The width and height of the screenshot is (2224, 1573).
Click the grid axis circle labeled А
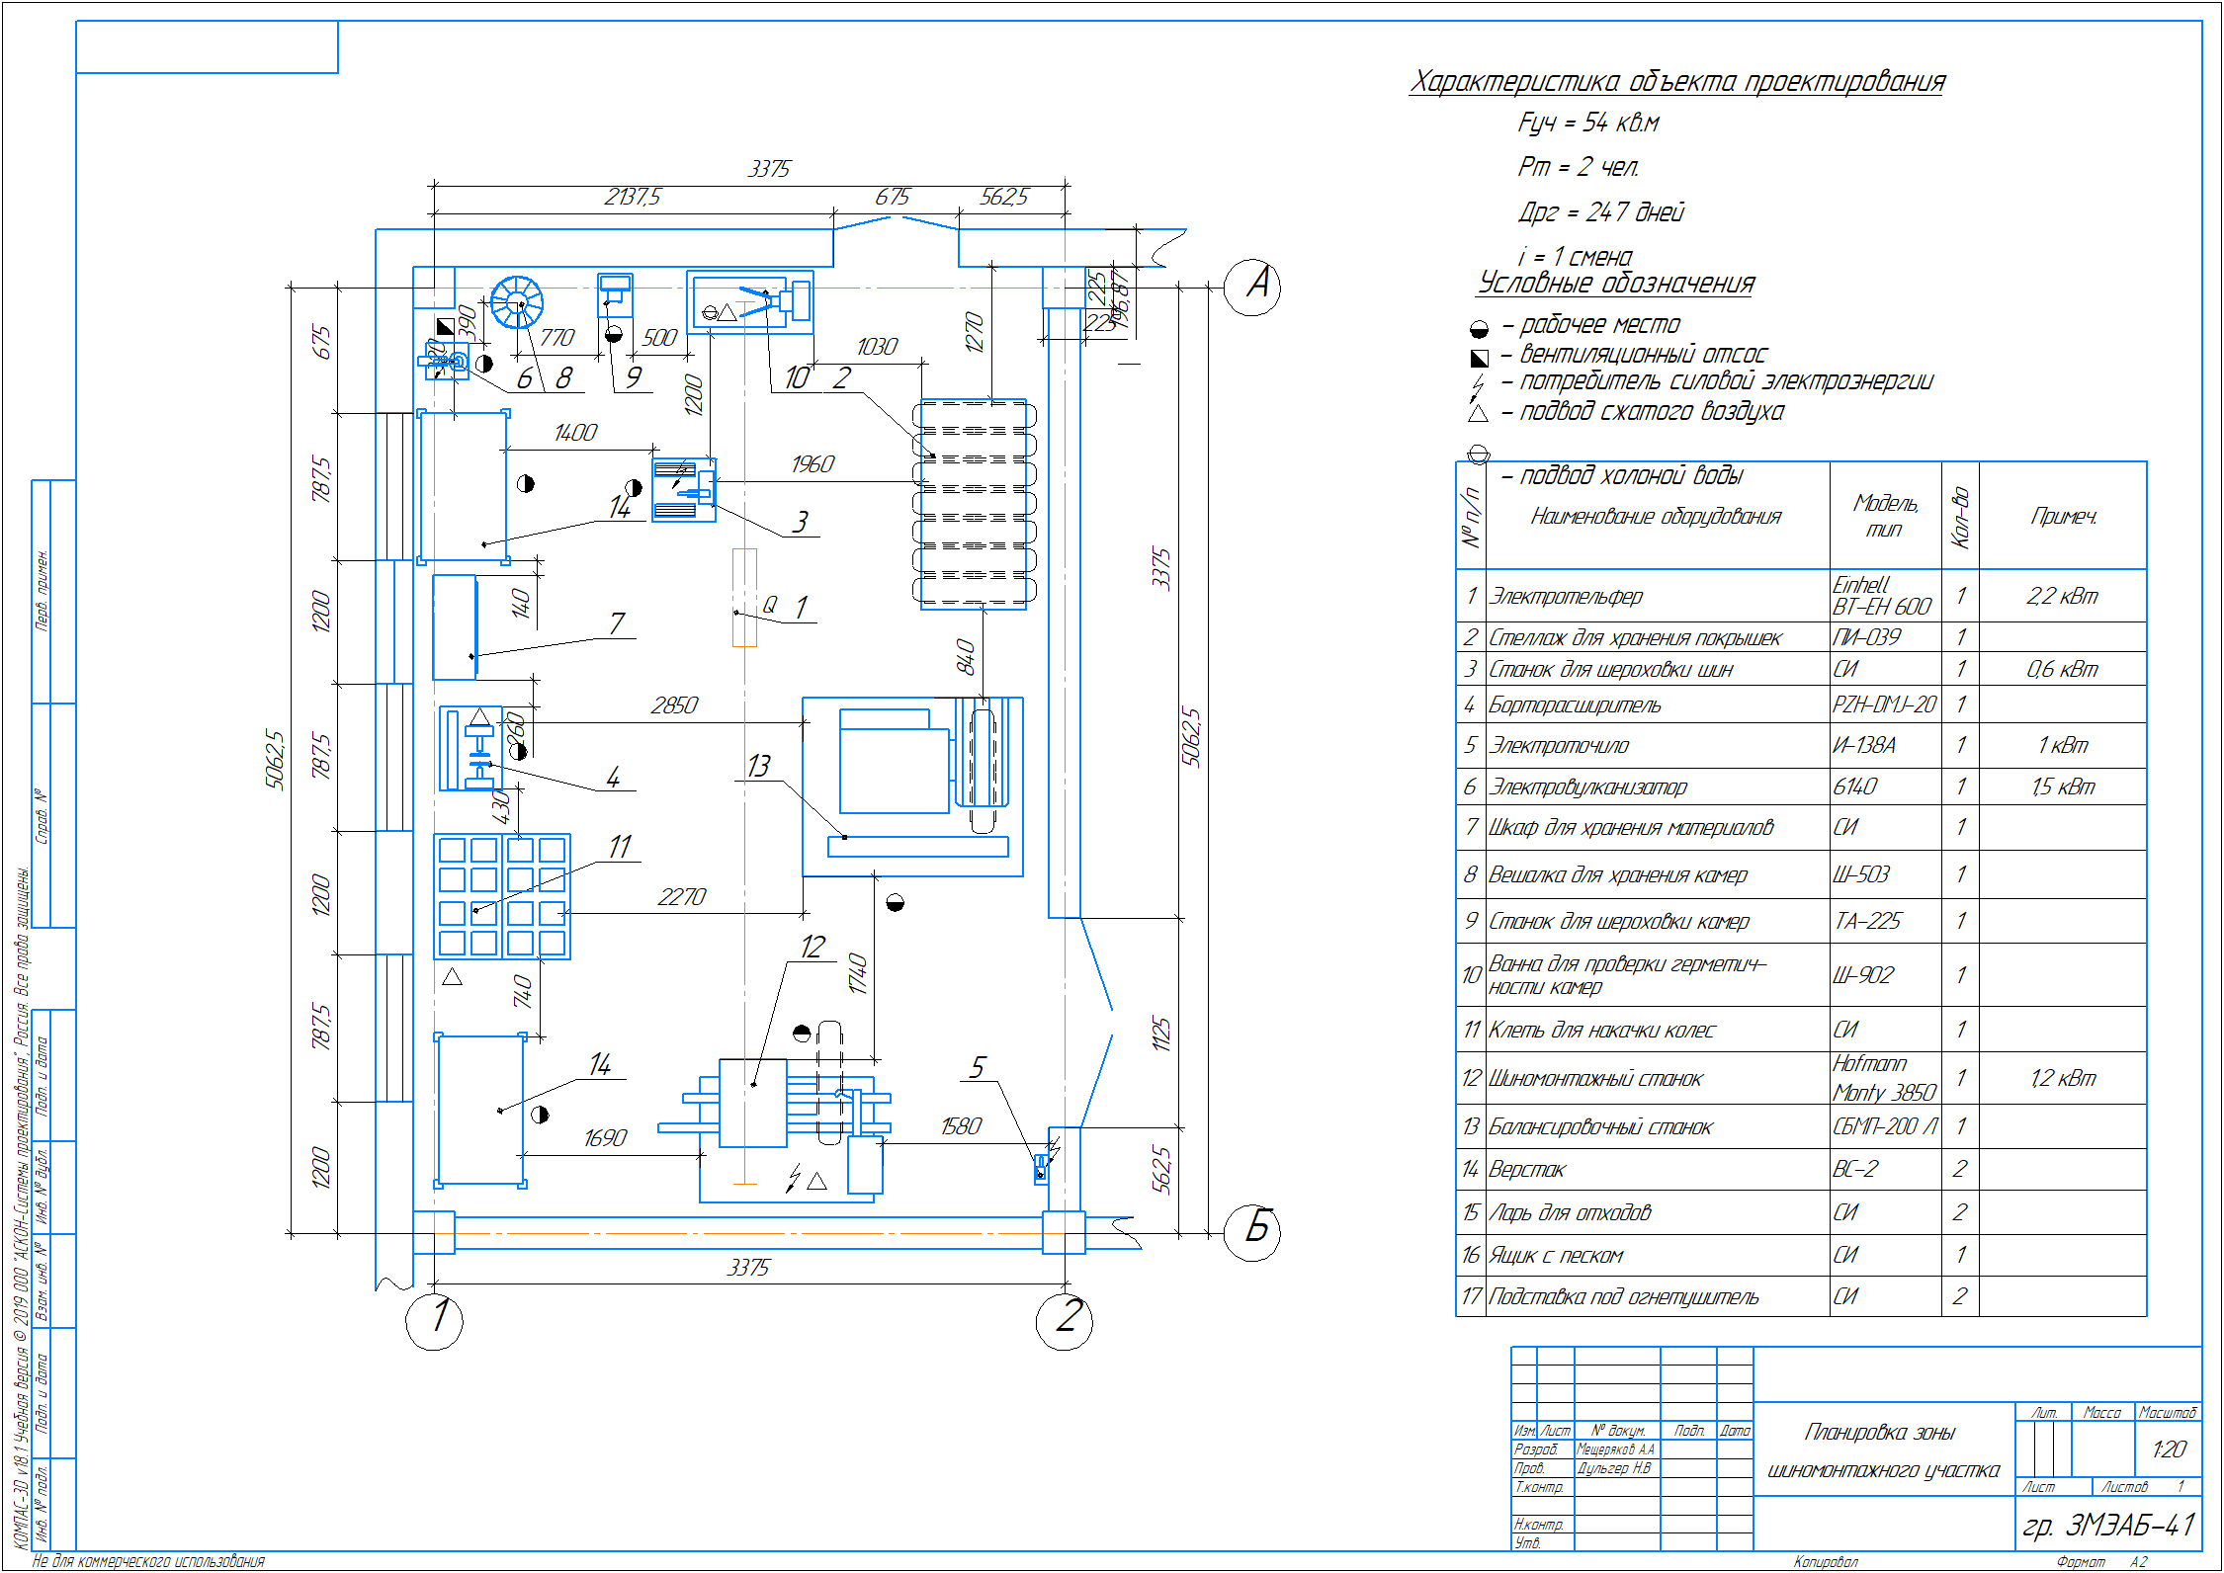[x=1251, y=288]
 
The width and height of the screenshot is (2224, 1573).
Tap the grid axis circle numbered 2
[x=1064, y=1320]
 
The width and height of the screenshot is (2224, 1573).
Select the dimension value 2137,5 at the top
[x=633, y=198]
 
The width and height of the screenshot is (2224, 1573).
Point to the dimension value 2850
[x=674, y=705]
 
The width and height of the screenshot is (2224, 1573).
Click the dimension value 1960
[x=813, y=464]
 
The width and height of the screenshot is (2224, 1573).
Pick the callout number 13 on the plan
[x=758, y=766]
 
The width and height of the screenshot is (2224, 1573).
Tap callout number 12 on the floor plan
[x=813, y=947]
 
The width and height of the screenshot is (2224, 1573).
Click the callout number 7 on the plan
[x=617, y=623]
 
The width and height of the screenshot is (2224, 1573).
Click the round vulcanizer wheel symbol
[x=517, y=302]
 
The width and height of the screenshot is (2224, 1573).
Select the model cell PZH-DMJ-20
[x=1884, y=704]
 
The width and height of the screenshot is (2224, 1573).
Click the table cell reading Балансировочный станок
[x=1600, y=1127]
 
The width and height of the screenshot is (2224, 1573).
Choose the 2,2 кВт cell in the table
[x=2062, y=596]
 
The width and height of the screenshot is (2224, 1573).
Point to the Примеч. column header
[x=2063, y=516]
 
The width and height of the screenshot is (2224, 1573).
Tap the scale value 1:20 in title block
[x=2169, y=1449]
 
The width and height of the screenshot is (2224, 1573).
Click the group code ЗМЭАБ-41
[x=2108, y=1526]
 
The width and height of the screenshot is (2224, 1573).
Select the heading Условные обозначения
[x=1615, y=284]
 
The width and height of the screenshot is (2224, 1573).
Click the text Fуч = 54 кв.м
[x=1587, y=124]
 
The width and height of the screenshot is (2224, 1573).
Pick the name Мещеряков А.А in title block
[x=1615, y=1449]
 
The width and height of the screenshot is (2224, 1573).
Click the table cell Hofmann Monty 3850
[x=1884, y=1078]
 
